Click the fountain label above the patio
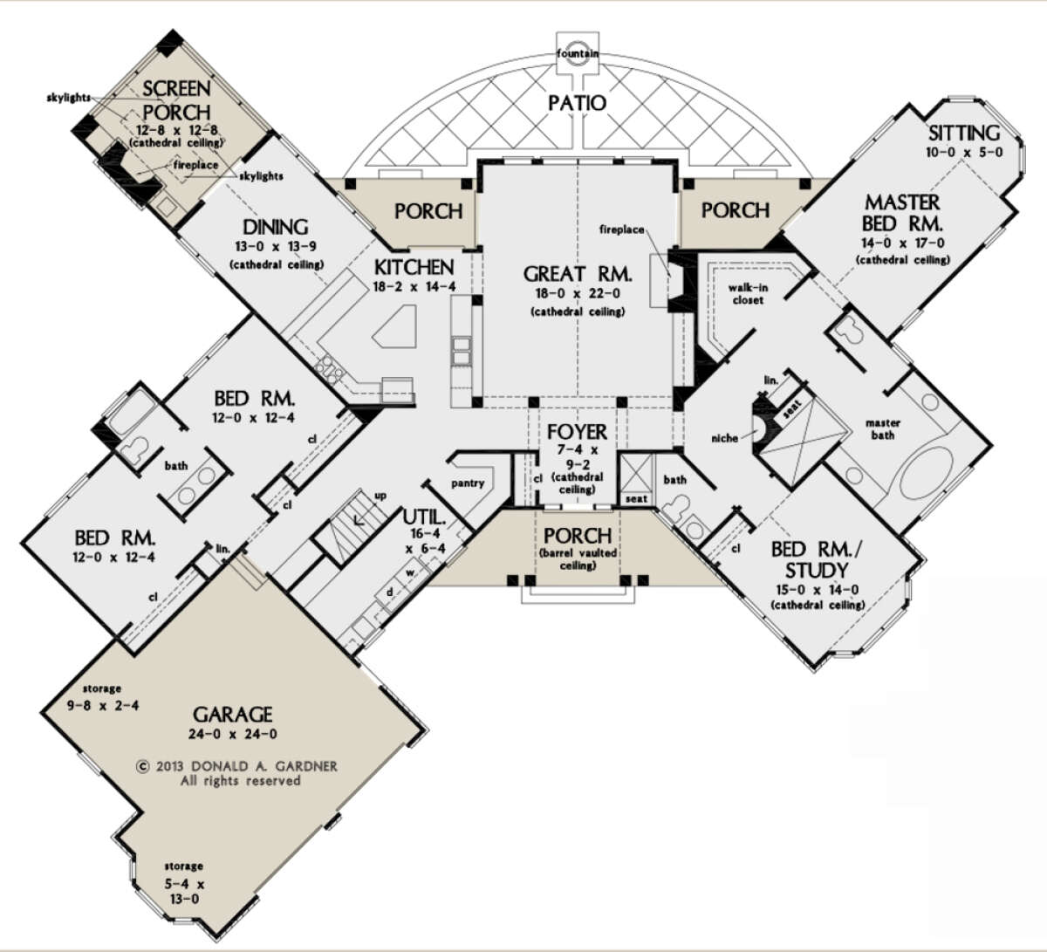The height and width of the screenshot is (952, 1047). [x=578, y=53]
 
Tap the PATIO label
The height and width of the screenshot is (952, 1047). [x=578, y=103]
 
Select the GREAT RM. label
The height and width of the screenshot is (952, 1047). [x=578, y=274]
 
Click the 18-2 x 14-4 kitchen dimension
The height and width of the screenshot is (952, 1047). [x=414, y=286]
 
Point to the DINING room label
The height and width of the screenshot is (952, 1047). [x=276, y=227]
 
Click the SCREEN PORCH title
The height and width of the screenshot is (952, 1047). [x=177, y=100]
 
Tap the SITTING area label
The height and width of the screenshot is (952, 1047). [x=964, y=134]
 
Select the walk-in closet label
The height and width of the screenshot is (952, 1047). [x=748, y=294]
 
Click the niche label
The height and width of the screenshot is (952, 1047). [x=724, y=438]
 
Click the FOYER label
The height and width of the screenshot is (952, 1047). [x=578, y=432]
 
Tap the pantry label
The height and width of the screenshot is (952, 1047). [x=468, y=483]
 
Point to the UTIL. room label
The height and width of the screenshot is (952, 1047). [x=425, y=517]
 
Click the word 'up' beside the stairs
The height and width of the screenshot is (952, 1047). [x=380, y=496]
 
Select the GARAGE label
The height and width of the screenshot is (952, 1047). [x=233, y=715]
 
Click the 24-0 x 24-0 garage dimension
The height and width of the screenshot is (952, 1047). [x=233, y=734]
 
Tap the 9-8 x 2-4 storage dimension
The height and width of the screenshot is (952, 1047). [x=103, y=706]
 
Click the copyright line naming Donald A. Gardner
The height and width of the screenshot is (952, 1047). [x=237, y=766]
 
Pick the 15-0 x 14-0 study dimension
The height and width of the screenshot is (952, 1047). [x=818, y=590]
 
